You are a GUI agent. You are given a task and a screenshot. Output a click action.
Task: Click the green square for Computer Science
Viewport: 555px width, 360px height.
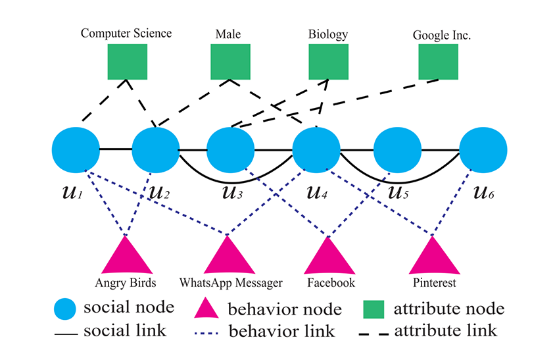click(127, 62)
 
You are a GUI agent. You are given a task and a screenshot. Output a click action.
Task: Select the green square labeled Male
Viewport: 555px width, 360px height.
click(230, 62)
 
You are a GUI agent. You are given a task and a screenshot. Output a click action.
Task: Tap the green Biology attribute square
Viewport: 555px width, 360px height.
click(328, 62)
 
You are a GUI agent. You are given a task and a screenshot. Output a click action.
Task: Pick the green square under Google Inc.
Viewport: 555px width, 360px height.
click(438, 62)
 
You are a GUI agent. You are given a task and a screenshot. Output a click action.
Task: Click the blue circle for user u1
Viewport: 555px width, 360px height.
click(75, 150)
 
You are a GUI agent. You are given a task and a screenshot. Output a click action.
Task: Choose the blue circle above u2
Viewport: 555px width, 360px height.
click(156, 150)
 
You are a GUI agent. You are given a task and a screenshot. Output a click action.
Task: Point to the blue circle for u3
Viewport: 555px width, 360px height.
click(230, 150)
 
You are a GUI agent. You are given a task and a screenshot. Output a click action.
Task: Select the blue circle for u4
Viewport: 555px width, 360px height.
click(316, 150)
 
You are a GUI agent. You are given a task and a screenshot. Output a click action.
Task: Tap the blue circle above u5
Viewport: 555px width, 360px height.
click(397, 150)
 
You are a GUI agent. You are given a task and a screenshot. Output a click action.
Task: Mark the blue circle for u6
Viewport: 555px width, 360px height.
click(483, 150)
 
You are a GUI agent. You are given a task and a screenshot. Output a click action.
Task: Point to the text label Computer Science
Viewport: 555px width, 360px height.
click(126, 32)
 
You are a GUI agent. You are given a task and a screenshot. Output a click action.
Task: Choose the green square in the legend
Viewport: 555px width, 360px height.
click(375, 308)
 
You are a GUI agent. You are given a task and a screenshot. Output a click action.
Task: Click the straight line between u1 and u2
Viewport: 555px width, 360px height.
click(116, 149)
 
